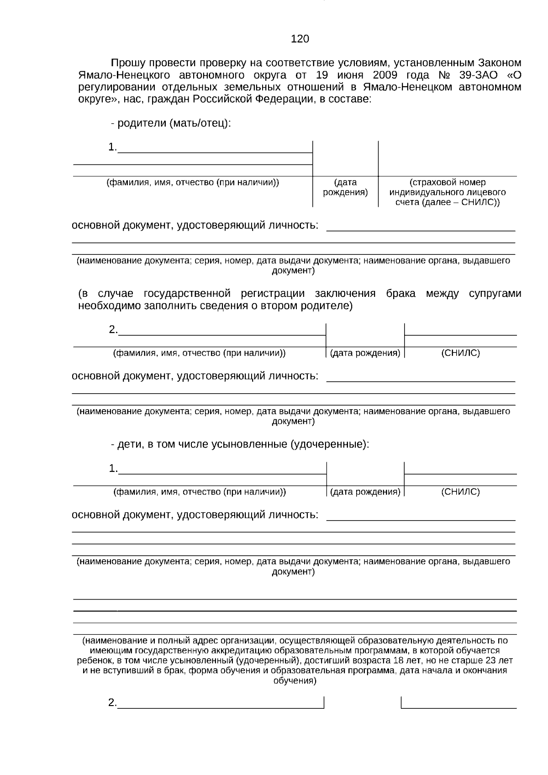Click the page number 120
coord(300,39)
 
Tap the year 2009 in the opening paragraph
coord(385,75)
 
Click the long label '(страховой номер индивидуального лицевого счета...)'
coord(448,192)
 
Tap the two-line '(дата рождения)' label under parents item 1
coord(345,188)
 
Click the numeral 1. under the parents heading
coord(112,147)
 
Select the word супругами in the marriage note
coord(495,294)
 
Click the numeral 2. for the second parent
coord(113,329)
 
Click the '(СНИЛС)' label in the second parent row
coord(460,353)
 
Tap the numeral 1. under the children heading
coord(113,469)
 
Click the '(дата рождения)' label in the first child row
coord(365,492)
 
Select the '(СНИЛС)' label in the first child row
coord(460,492)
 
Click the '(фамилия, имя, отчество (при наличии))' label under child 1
coord(200,492)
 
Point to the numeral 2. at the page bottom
coord(112,703)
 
